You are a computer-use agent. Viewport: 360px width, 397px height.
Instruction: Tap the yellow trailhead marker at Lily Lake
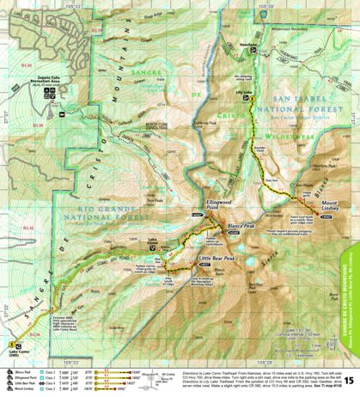click(250, 100)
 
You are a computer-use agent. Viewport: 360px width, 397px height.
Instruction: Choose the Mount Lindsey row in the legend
click(21, 389)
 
